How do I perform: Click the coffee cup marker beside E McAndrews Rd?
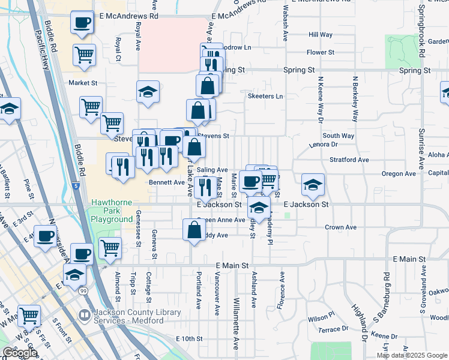[x=82, y=24]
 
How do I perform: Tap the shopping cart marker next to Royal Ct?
[x=84, y=55]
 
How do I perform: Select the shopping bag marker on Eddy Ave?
[x=194, y=230]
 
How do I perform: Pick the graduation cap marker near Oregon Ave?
[x=312, y=185]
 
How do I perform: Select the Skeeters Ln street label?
[x=265, y=96]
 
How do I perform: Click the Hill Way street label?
[x=320, y=35]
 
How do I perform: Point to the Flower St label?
[x=320, y=52]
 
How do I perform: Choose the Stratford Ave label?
[x=349, y=160]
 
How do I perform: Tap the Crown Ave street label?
[x=341, y=227]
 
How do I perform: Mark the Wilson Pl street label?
[x=321, y=317]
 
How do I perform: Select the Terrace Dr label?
[x=333, y=329]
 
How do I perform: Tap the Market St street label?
[x=83, y=83]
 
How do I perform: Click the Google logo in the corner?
[x=20, y=353]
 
